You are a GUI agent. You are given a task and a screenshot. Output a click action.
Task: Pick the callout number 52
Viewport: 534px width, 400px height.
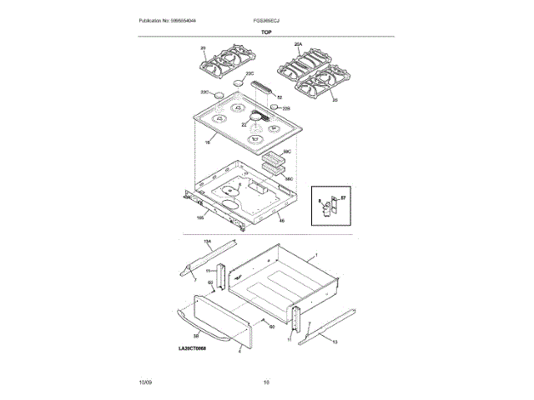click(x=280, y=97)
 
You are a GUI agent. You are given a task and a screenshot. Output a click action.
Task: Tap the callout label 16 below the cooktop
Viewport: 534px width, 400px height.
click(x=206, y=143)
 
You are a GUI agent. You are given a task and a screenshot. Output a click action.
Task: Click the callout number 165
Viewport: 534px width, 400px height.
click(x=200, y=218)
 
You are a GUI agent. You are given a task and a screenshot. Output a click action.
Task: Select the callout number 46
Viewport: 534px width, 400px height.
click(x=281, y=221)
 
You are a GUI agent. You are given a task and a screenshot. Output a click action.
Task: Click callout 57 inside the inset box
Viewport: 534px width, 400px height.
click(x=343, y=197)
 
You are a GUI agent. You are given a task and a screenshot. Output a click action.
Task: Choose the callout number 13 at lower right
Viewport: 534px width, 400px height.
click(x=335, y=342)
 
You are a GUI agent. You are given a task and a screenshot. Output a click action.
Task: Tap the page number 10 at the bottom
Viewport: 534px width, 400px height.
click(x=267, y=382)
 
